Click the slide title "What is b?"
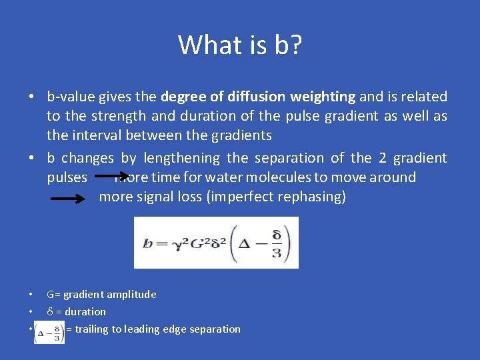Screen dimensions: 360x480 (240, 45)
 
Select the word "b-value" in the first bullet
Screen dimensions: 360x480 (71, 97)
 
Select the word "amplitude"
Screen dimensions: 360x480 (133, 295)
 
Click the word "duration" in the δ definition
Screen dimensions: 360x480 (85, 312)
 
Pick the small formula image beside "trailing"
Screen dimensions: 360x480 (49, 331)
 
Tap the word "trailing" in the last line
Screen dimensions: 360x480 (95, 329)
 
